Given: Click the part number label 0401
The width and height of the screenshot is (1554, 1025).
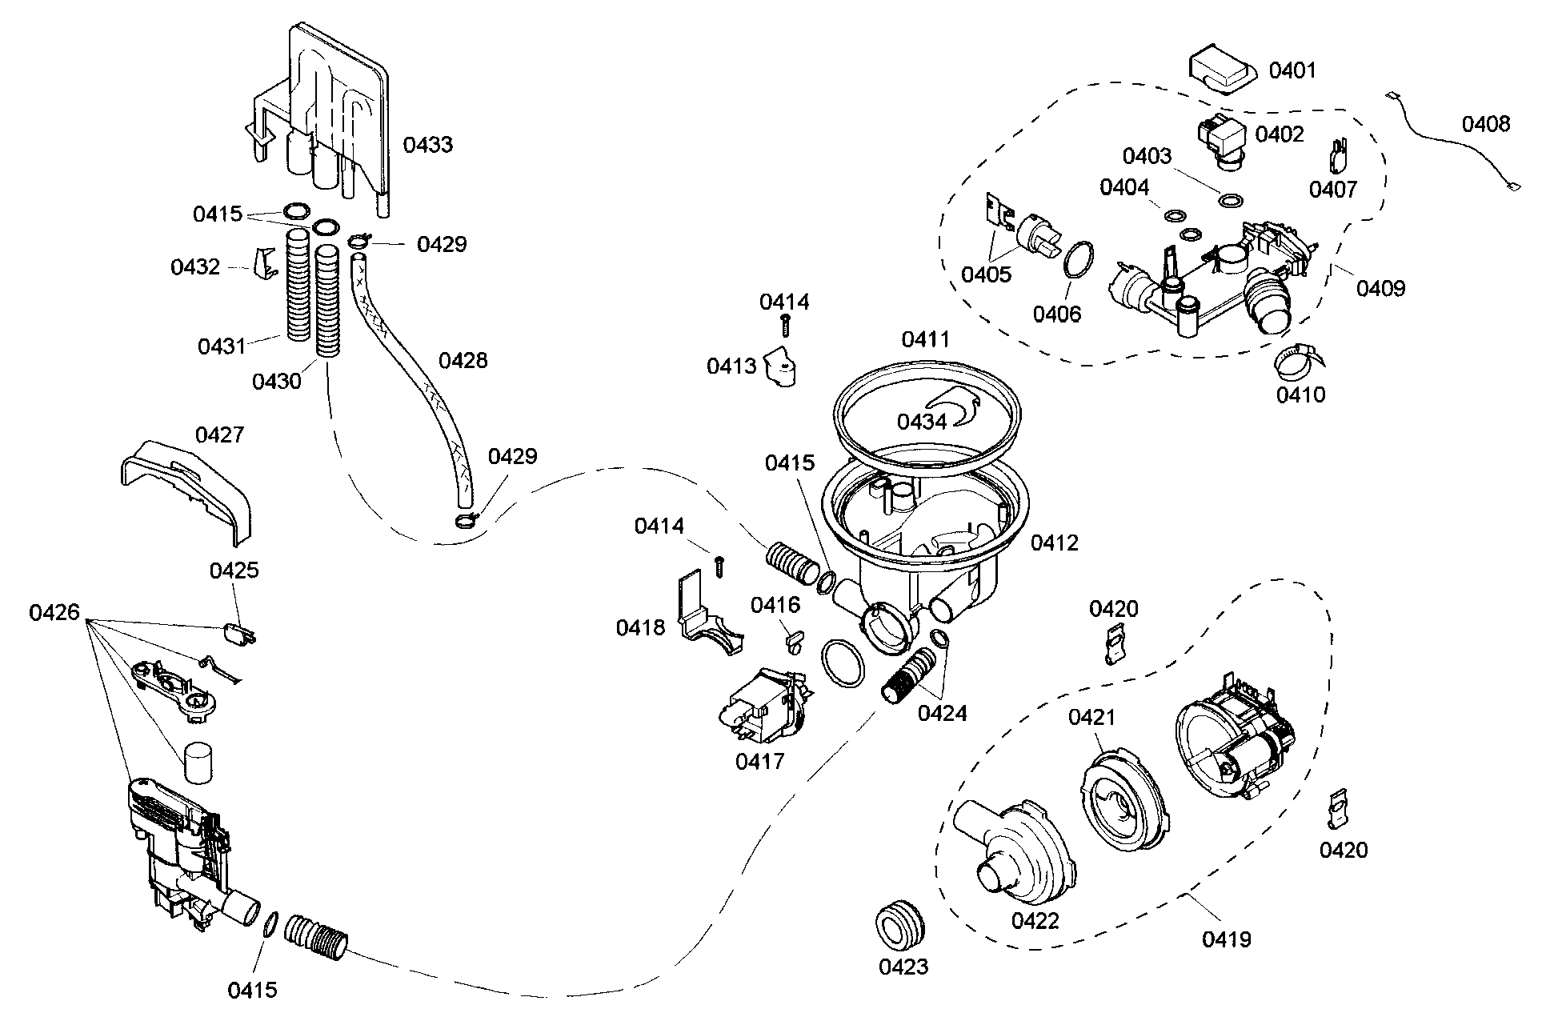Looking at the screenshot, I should [x=1292, y=70].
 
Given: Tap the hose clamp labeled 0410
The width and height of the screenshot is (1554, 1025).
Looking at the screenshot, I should [x=1296, y=364].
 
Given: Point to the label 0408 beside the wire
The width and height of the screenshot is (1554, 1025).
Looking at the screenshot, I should [x=1486, y=124].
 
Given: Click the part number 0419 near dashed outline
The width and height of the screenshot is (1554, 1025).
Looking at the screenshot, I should [x=1226, y=939].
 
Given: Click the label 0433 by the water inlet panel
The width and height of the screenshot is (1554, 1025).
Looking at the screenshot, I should [x=427, y=145].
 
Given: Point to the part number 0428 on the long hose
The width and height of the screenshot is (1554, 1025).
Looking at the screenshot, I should [x=463, y=360].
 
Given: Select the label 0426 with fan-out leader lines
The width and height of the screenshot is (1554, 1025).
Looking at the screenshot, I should [x=54, y=613].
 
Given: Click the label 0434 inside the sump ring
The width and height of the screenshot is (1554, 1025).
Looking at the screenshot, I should [x=921, y=421].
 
